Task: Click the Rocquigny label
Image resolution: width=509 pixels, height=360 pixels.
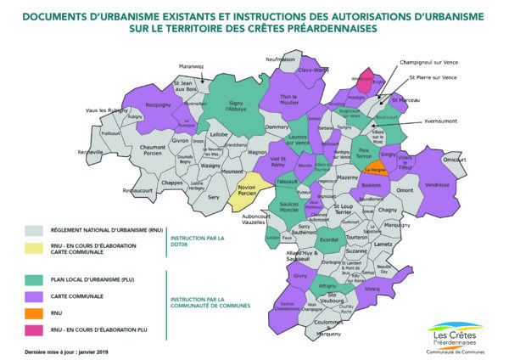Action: pyautogui.click(x=159, y=104)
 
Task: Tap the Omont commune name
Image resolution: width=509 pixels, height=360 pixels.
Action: pyautogui.click(x=406, y=190)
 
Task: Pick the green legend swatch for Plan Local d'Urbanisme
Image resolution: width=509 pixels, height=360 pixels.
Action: pyautogui.click(x=34, y=279)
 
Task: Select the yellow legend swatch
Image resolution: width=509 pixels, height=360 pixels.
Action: pyautogui.click(x=34, y=246)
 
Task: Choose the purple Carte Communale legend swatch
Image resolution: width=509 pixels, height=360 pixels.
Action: pyautogui.click(x=34, y=295)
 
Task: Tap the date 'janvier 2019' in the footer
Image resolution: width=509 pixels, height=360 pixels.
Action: pyautogui.click(x=94, y=351)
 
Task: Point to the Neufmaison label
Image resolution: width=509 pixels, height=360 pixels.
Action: pyautogui.click(x=280, y=59)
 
